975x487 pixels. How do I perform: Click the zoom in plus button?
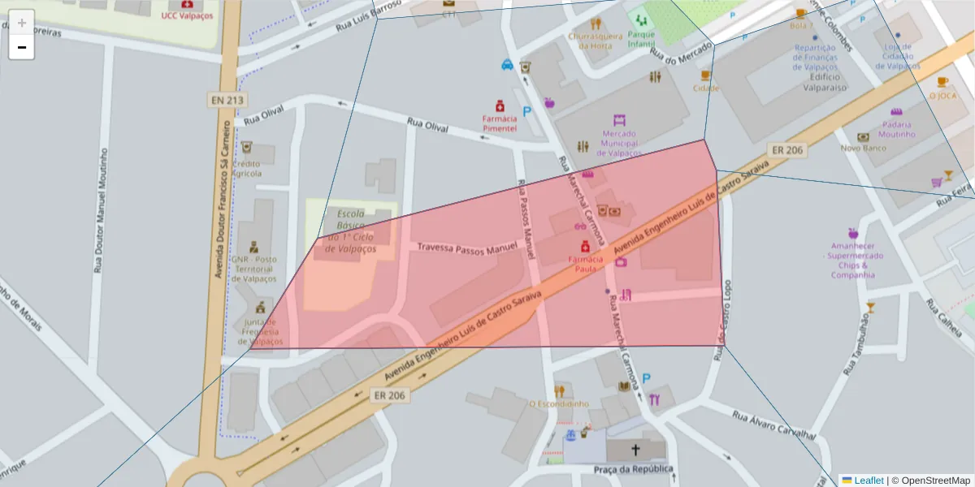pos(21,22)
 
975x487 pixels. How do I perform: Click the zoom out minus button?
pos(21,47)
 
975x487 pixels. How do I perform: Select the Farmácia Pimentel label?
pos(500,123)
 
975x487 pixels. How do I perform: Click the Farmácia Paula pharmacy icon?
pos(584,246)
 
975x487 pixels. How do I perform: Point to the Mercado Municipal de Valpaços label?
pos(619,143)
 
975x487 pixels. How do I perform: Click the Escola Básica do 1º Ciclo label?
pos(351,231)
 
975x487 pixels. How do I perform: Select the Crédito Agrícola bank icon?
pos(246,149)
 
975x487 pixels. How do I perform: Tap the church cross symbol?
pos(635,450)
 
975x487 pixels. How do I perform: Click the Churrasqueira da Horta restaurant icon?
pos(596,24)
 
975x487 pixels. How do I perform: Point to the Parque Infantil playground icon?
pos(642,20)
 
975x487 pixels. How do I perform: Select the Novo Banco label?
pos(862,148)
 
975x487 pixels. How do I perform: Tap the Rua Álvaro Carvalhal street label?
pos(773,425)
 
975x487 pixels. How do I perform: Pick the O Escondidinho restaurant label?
pos(558,403)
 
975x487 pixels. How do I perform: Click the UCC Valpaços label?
pos(187,15)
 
